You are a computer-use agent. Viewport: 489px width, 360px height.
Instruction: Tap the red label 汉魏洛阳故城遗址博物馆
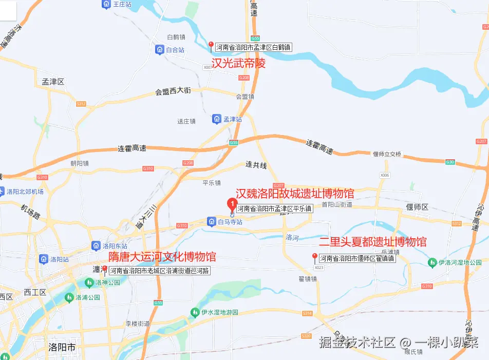point(295,194)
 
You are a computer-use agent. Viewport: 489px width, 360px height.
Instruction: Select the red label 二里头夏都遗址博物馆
point(373,242)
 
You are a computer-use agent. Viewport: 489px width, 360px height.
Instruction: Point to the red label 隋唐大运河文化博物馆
point(162,257)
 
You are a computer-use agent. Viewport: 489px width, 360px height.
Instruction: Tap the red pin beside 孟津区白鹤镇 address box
point(211,46)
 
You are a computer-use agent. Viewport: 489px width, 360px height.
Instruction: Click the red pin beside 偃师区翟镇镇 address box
point(315,257)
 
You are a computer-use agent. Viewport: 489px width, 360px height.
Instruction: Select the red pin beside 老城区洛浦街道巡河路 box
point(105,270)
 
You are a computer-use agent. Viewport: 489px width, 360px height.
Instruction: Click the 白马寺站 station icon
point(211,221)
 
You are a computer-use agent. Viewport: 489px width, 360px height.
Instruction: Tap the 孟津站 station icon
point(217,119)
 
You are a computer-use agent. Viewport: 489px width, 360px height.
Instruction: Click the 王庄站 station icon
point(106,5)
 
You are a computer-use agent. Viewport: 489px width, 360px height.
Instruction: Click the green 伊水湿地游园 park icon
point(194,312)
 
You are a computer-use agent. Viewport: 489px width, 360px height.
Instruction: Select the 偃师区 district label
point(417,207)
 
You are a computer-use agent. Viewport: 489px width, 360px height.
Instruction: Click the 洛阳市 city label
point(61,347)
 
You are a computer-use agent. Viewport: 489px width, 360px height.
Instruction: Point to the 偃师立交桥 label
point(387,154)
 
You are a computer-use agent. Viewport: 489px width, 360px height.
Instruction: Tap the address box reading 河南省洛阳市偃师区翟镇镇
point(358,258)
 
